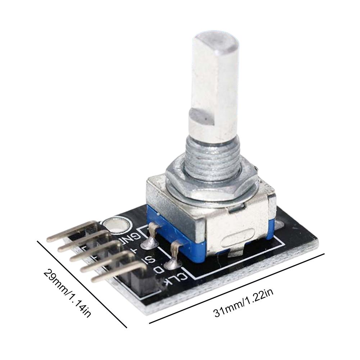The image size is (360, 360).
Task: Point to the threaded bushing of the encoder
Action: pos(212,158)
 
